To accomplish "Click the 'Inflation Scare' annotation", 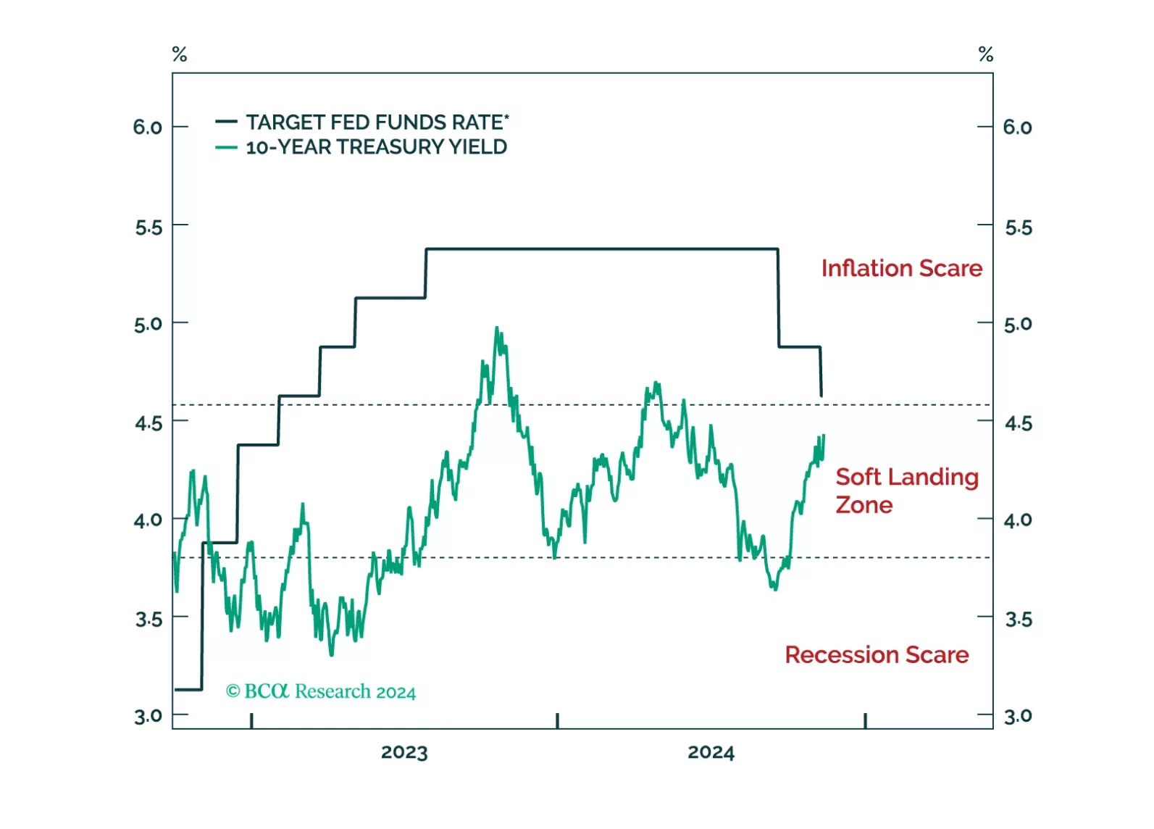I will click(901, 268).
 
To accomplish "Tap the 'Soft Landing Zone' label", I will click(906, 491).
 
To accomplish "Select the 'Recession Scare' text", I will click(877, 654).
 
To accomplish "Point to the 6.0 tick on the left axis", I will click(148, 128).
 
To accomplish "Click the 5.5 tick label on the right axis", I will click(1018, 228).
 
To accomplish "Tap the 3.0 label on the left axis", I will click(148, 716).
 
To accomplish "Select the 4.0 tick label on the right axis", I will click(1018, 520).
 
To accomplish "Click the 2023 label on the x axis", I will click(404, 752).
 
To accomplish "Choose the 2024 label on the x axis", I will click(711, 752).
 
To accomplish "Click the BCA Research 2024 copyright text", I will click(321, 691).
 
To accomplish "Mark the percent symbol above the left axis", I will click(180, 54).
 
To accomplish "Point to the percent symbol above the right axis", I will click(985, 54).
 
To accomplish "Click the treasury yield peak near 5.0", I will click(497, 328).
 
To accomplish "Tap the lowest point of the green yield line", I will click(332, 654).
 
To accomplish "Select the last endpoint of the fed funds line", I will click(821, 396).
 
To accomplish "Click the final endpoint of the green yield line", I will click(824, 436).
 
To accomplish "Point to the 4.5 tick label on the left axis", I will click(148, 422).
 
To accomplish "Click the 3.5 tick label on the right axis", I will click(1018, 619).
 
